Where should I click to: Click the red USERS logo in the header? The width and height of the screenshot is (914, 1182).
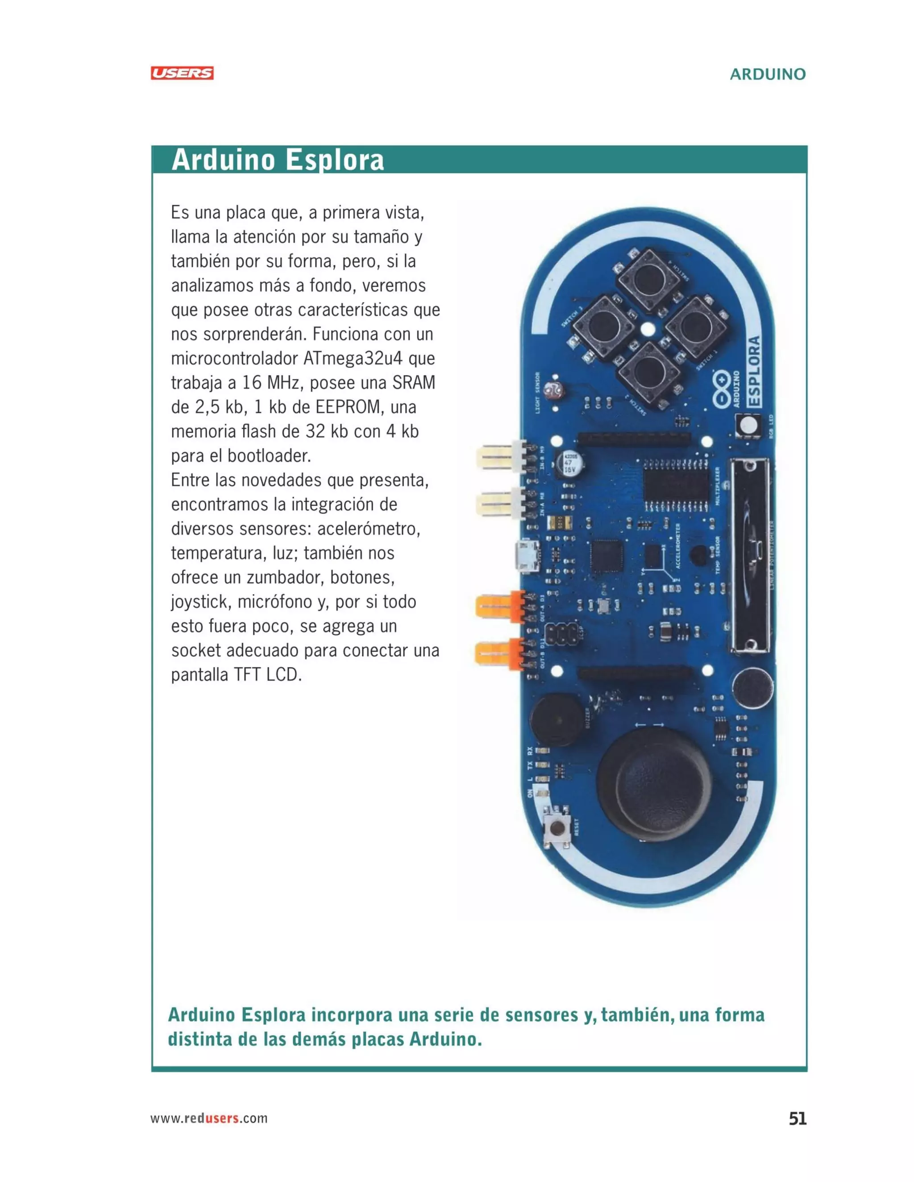(x=182, y=73)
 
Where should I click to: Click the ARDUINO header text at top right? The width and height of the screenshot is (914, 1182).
(x=767, y=74)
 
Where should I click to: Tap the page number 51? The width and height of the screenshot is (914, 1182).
(x=797, y=1118)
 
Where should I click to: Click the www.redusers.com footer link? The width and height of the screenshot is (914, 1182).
(x=208, y=1118)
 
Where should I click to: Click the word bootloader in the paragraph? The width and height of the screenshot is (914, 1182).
(x=269, y=456)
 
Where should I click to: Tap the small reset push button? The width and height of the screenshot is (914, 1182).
(x=556, y=827)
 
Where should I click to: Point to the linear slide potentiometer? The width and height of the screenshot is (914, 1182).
(x=750, y=555)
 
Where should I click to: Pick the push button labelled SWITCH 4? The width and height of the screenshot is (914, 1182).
(x=648, y=279)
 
